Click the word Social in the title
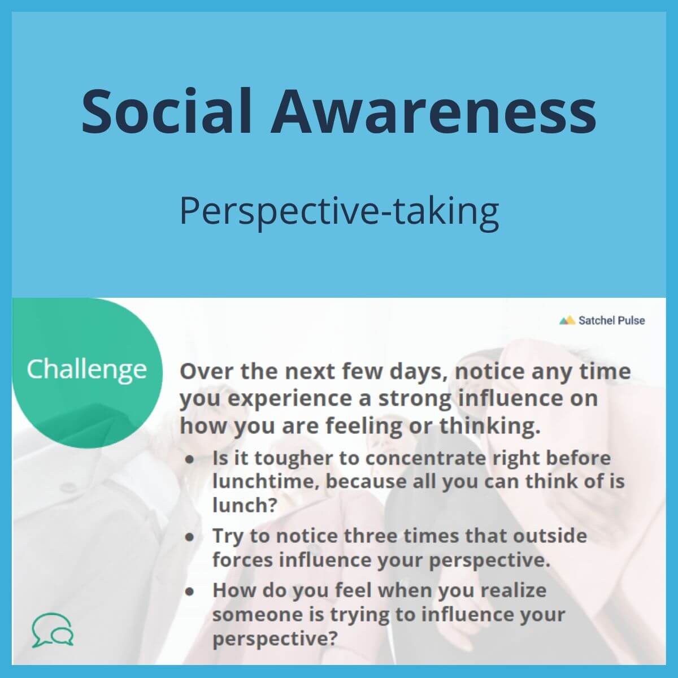pyautogui.click(x=167, y=110)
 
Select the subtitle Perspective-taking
pyautogui.click(x=339, y=211)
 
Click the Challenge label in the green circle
pyautogui.click(x=86, y=370)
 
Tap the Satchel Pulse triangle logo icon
pyautogui.click(x=567, y=320)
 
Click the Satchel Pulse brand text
pyautogui.click(x=611, y=320)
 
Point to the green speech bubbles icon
pyautogui.click(x=53, y=629)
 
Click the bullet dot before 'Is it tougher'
pyautogui.click(x=190, y=459)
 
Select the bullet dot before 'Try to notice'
pyautogui.click(x=190, y=536)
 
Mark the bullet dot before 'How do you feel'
pyautogui.click(x=190, y=591)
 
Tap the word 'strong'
pyautogui.click(x=414, y=398)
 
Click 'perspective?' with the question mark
pyautogui.click(x=275, y=639)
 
